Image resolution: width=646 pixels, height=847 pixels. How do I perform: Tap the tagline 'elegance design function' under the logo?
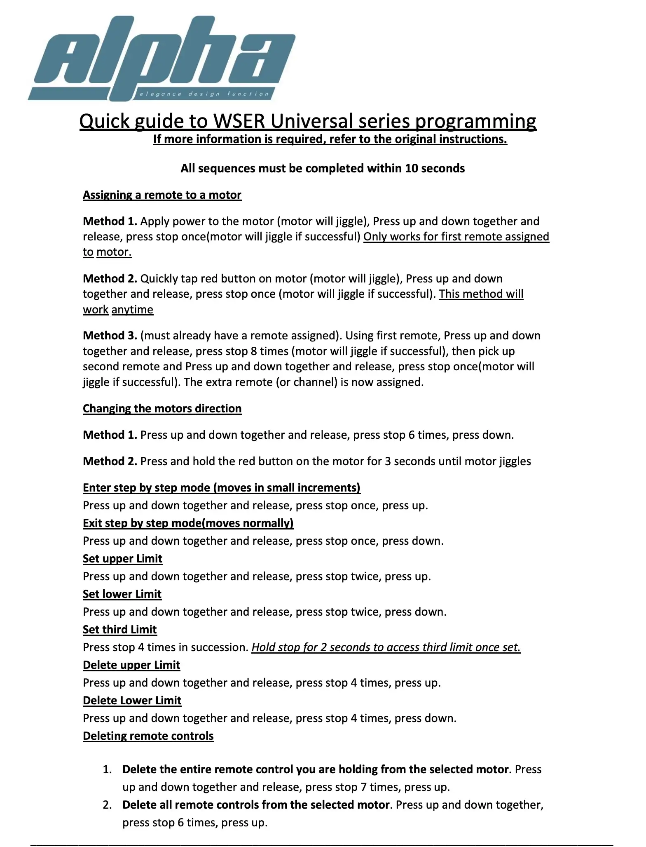coord(204,94)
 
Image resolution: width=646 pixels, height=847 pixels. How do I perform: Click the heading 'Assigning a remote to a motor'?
coord(162,195)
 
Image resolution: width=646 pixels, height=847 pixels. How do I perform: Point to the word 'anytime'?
coord(132,310)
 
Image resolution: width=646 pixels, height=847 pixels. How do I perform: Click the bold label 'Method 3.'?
coord(110,336)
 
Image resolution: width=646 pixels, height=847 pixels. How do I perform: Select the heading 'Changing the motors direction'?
coord(162,409)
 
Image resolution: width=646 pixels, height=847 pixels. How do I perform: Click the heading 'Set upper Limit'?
coord(122,559)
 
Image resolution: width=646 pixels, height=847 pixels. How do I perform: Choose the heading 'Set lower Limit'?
coord(122,594)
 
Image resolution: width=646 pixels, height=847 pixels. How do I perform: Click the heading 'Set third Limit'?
coord(119,630)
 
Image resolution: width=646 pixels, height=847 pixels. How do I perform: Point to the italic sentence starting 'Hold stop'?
coord(386,647)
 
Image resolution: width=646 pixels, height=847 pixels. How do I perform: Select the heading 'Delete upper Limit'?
coord(131,665)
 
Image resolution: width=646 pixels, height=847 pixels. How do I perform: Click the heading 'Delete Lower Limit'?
coord(132,701)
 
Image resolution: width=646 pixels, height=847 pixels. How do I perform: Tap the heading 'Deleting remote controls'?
coord(148,736)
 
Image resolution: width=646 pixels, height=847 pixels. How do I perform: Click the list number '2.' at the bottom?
coord(107,805)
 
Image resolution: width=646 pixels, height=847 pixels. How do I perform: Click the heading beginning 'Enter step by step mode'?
coord(221,488)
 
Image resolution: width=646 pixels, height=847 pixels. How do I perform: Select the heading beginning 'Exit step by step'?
coord(188,523)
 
